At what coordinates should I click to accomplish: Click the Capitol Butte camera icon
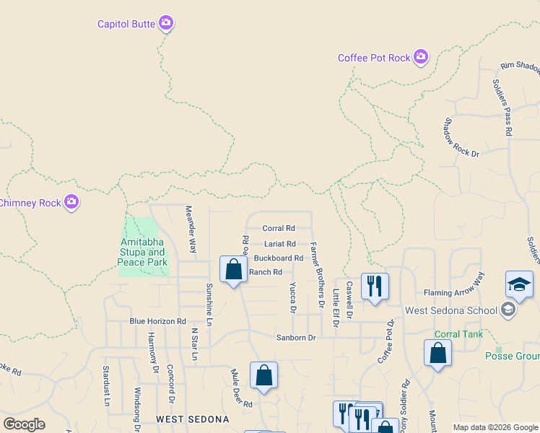[166, 24]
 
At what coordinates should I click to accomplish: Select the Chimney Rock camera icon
[71, 203]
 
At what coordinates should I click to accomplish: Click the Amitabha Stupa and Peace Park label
[141, 253]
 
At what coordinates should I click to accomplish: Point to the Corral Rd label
[279, 228]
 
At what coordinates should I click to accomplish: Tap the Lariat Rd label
[279, 244]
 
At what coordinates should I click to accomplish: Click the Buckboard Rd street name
[279, 258]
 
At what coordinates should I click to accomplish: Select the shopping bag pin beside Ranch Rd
[233, 270]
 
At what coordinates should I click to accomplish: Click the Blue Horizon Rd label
[157, 321]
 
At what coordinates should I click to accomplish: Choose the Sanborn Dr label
[296, 337]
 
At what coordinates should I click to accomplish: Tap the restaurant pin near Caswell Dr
[375, 287]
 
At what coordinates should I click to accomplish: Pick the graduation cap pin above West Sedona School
[520, 284]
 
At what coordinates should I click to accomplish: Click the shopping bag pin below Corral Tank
[437, 353]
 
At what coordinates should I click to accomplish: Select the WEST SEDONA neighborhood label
[193, 419]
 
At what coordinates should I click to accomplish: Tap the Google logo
[24, 424]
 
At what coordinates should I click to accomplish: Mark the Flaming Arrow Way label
[453, 292]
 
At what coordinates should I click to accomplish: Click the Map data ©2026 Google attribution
[495, 427]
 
